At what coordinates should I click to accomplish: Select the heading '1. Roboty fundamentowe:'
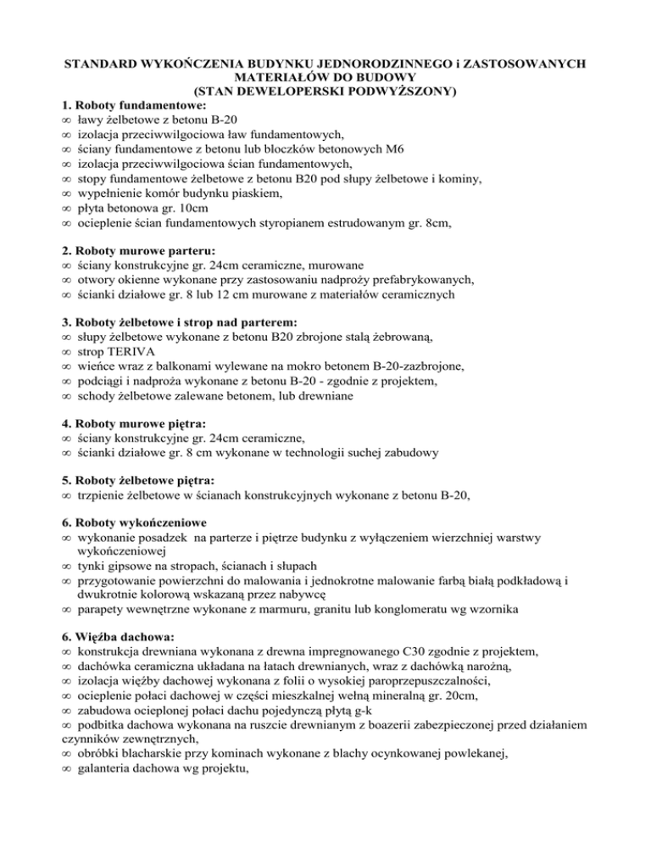pyautogui.click(x=122, y=106)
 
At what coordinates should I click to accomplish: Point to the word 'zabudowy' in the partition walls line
pyautogui.click(x=410, y=454)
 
